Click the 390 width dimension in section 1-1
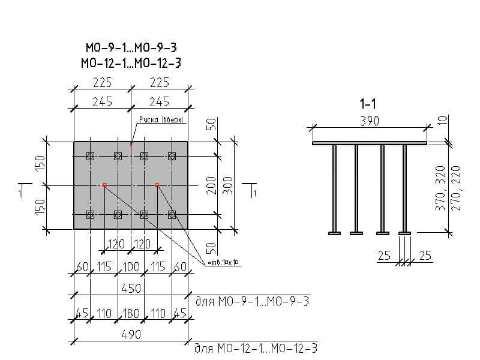coord(370,121)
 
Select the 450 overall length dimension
coord(131,289)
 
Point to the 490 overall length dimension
coord(131,335)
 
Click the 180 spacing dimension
coord(131,313)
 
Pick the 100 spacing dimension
coord(131,266)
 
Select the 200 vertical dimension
coord(211,186)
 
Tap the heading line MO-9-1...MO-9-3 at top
coord(131,48)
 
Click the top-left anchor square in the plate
coord(91,157)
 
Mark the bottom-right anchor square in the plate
coord(172,214)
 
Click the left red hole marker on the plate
coord(104,185)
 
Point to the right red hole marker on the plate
coord(157,185)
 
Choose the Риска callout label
coord(160,120)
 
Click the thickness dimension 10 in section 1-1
coord(443,119)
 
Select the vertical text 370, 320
coord(442,187)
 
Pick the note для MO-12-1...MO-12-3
coord(256,348)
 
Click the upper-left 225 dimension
coord(102,83)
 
